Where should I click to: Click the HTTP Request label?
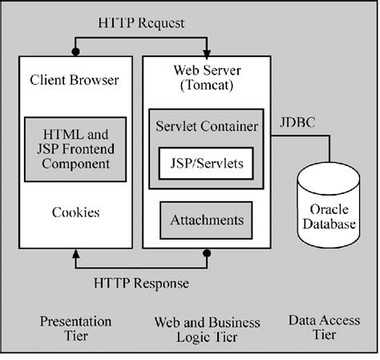[140, 23]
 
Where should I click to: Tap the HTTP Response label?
[141, 283]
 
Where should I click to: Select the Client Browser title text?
[74, 80]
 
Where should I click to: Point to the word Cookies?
[75, 212]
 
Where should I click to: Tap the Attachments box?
[206, 219]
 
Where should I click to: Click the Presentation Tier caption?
[76, 329]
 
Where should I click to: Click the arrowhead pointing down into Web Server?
[206, 51]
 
